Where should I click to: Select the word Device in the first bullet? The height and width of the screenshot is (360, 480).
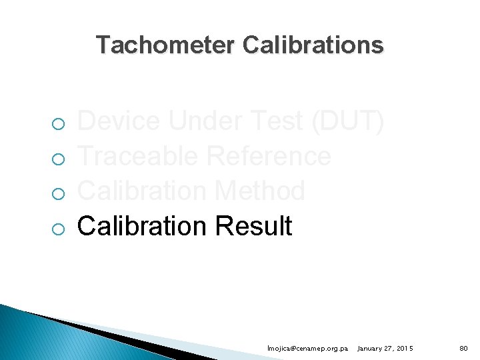coord(119,122)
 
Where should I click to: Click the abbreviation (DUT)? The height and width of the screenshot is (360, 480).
coord(349,122)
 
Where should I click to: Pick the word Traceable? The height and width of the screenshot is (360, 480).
coord(137,157)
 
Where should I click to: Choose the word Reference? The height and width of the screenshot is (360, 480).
coord(268,157)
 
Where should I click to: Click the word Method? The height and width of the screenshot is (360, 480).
coord(260,191)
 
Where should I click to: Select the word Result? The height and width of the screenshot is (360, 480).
coord(253,226)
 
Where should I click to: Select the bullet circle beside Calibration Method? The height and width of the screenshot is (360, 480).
coord(59,193)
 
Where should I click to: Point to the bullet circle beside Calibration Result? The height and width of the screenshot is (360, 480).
coord(59,228)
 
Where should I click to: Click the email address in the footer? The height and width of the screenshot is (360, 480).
coord(307,349)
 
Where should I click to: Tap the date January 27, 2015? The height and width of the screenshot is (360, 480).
coord(385,349)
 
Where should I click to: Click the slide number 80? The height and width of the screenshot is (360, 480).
coord(463,349)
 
